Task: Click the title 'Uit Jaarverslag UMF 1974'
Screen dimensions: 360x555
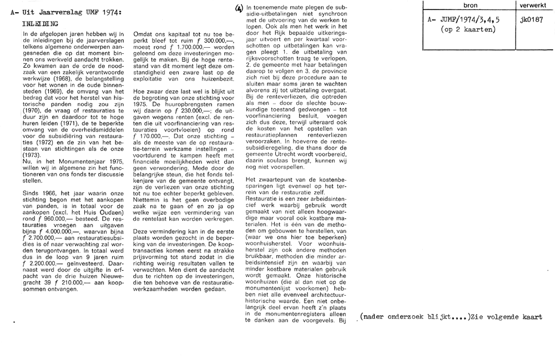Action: pyautogui.click(x=72, y=12)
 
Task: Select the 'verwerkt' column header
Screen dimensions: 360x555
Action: pyautogui.click(x=533, y=5)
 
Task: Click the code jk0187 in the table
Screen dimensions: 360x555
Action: pyautogui.click(x=532, y=19)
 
